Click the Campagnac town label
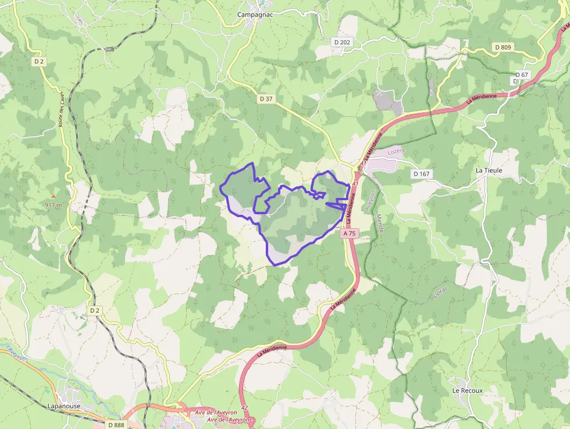tap(256, 14)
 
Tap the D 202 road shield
tap(343, 42)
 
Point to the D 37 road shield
tap(265, 99)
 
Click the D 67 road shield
tap(522, 75)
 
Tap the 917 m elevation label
tap(53, 205)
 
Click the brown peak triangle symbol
tap(54, 197)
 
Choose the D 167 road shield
tap(421, 173)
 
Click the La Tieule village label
tap(489, 170)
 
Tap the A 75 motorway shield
tap(349, 233)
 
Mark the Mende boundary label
tap(380, 223)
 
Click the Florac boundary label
tap(441, 293)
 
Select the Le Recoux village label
tap(468, 390)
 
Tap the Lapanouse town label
tap(64, 406)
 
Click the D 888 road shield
tap(116, 425)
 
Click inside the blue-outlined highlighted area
tap(297, 221)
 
